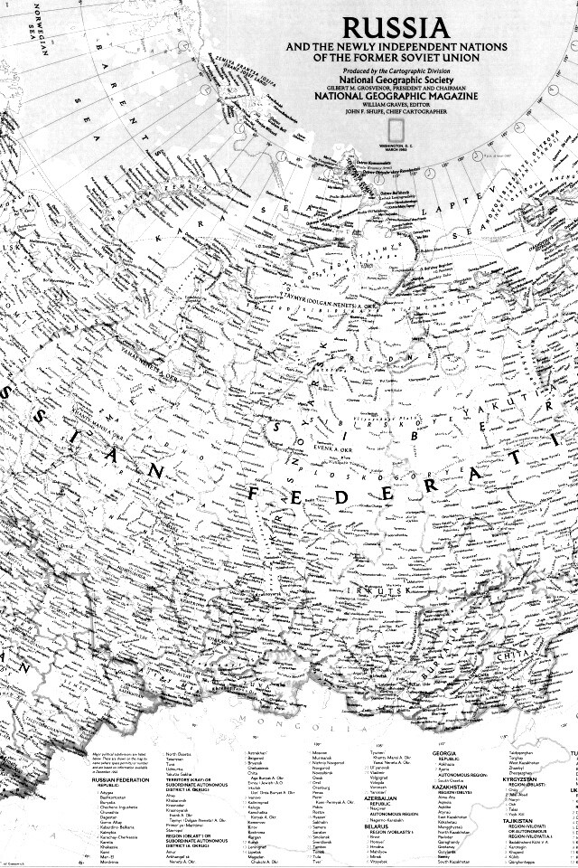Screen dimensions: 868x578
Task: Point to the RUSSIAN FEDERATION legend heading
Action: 121,779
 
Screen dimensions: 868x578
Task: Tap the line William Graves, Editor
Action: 384,103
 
